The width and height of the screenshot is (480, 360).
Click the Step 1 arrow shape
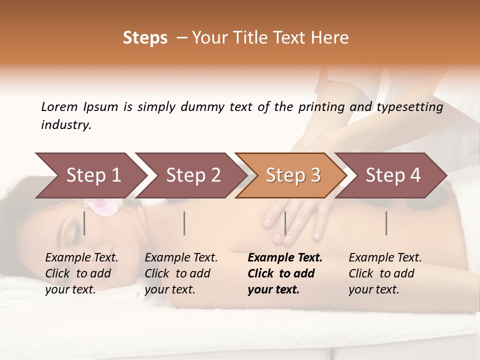click(x=90, y=175)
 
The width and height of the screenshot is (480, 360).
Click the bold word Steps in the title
click(x=145, y=38)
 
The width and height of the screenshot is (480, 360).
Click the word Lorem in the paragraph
click(x=59, y=106)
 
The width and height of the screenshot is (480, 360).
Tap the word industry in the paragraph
click(x=65, y=125)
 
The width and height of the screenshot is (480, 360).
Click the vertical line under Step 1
click(x=84, y=223)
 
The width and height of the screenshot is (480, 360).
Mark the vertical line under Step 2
click(x=184, y=223)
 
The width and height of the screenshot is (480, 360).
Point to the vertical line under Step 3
click(x=285, y=223)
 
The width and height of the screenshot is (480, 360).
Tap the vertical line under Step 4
click(x=386, y=223)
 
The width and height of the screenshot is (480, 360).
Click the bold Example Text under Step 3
click(x=285, y=258)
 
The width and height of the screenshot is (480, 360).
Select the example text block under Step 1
click(x=81, y=273)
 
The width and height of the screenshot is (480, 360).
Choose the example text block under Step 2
click(x=181, y=273)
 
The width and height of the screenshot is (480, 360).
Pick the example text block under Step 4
click(x=385, y=273)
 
